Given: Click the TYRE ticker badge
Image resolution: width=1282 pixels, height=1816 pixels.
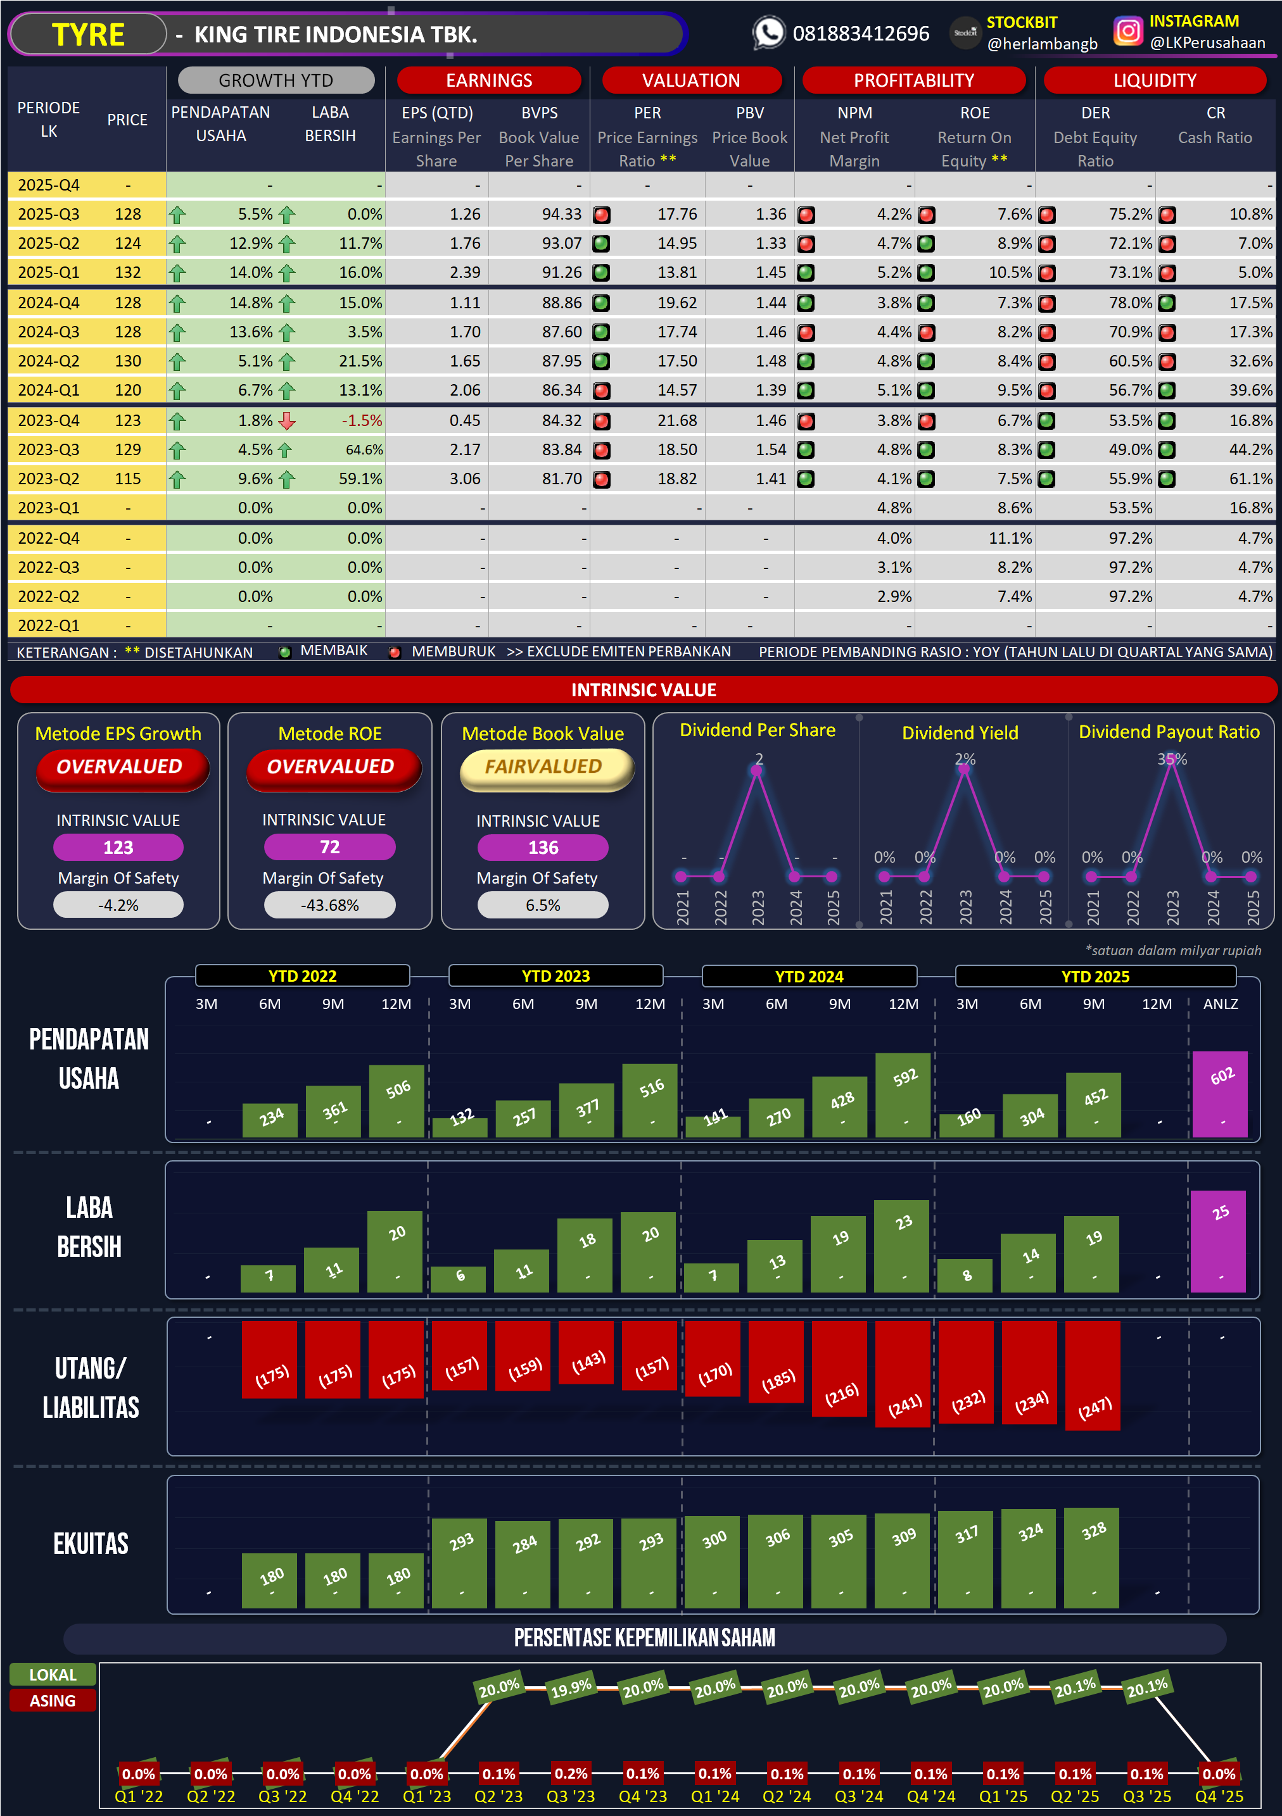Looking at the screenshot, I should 88,35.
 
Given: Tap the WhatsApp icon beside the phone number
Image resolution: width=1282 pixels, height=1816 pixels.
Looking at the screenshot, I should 768,33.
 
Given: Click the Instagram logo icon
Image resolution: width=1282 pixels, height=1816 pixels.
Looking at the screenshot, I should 1127,32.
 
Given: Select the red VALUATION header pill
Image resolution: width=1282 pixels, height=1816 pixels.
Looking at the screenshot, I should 691,80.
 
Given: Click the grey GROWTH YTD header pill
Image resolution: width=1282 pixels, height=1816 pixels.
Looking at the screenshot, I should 276,80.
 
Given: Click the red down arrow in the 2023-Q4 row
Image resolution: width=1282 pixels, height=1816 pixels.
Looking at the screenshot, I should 288,421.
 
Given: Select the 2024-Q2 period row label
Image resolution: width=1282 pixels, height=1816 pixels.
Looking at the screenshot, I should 48,361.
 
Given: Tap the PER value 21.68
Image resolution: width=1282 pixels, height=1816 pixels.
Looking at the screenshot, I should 676,421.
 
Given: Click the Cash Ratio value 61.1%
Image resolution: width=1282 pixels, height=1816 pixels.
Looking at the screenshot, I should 1250,479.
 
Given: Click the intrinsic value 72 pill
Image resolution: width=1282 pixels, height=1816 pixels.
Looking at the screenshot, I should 329,847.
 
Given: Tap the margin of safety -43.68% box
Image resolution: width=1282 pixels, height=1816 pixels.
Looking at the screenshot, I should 329,905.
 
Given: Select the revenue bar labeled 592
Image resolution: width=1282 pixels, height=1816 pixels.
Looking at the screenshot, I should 903,1096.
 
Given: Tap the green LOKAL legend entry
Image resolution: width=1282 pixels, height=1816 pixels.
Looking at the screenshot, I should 53,1674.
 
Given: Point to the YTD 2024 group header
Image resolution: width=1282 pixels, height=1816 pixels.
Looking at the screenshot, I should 809,976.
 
